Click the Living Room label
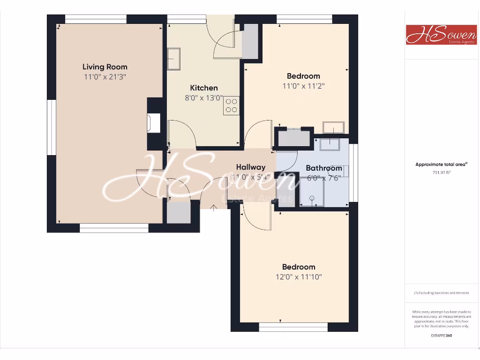(x=105, y=67)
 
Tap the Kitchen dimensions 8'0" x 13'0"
(x=204, y=98)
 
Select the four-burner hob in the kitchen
(x=232, y=106)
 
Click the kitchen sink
(x=174, y=59)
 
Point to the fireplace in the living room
(x=153, y=123)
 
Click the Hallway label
(x=251, y=167)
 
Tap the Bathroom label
(x=324, y=168)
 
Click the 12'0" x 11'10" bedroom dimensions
(x=299, y=277)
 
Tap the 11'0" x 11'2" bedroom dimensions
(x=303, y=86)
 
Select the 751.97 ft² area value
(x=441, y=172)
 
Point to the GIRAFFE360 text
(x=442, y=335)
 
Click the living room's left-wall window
(x=51, y=127)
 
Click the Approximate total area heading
(x=441, y=165)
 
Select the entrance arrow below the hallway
(x=214, y=207)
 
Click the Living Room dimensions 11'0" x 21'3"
(x=105, y=77)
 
